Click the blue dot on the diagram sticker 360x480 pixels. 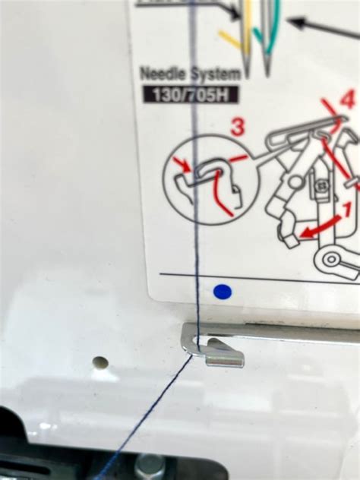pyautogui.click(x=222, y=291)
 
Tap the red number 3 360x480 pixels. pyautogui.click(x=238, y=127)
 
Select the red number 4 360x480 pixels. pyautogui.click(x=347, y=98)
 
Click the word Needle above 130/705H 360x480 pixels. pyautogui.click(x=164, y=74)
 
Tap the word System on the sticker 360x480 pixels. pyautogui.click(x=217, y=74)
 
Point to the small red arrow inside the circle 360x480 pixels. pyautogui.click(x=182, y=164)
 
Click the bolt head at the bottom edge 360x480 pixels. pyautogui.click(x=150, y=465)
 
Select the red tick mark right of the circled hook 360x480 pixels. pyautogui.click(x=238, y=158)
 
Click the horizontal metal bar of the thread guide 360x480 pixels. pyautogui.click(x=289, y=335)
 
